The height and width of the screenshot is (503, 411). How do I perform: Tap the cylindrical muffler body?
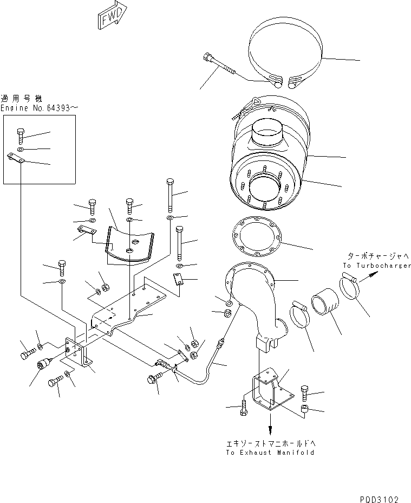[271, 163]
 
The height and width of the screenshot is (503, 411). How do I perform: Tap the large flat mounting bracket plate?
[135, 309]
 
